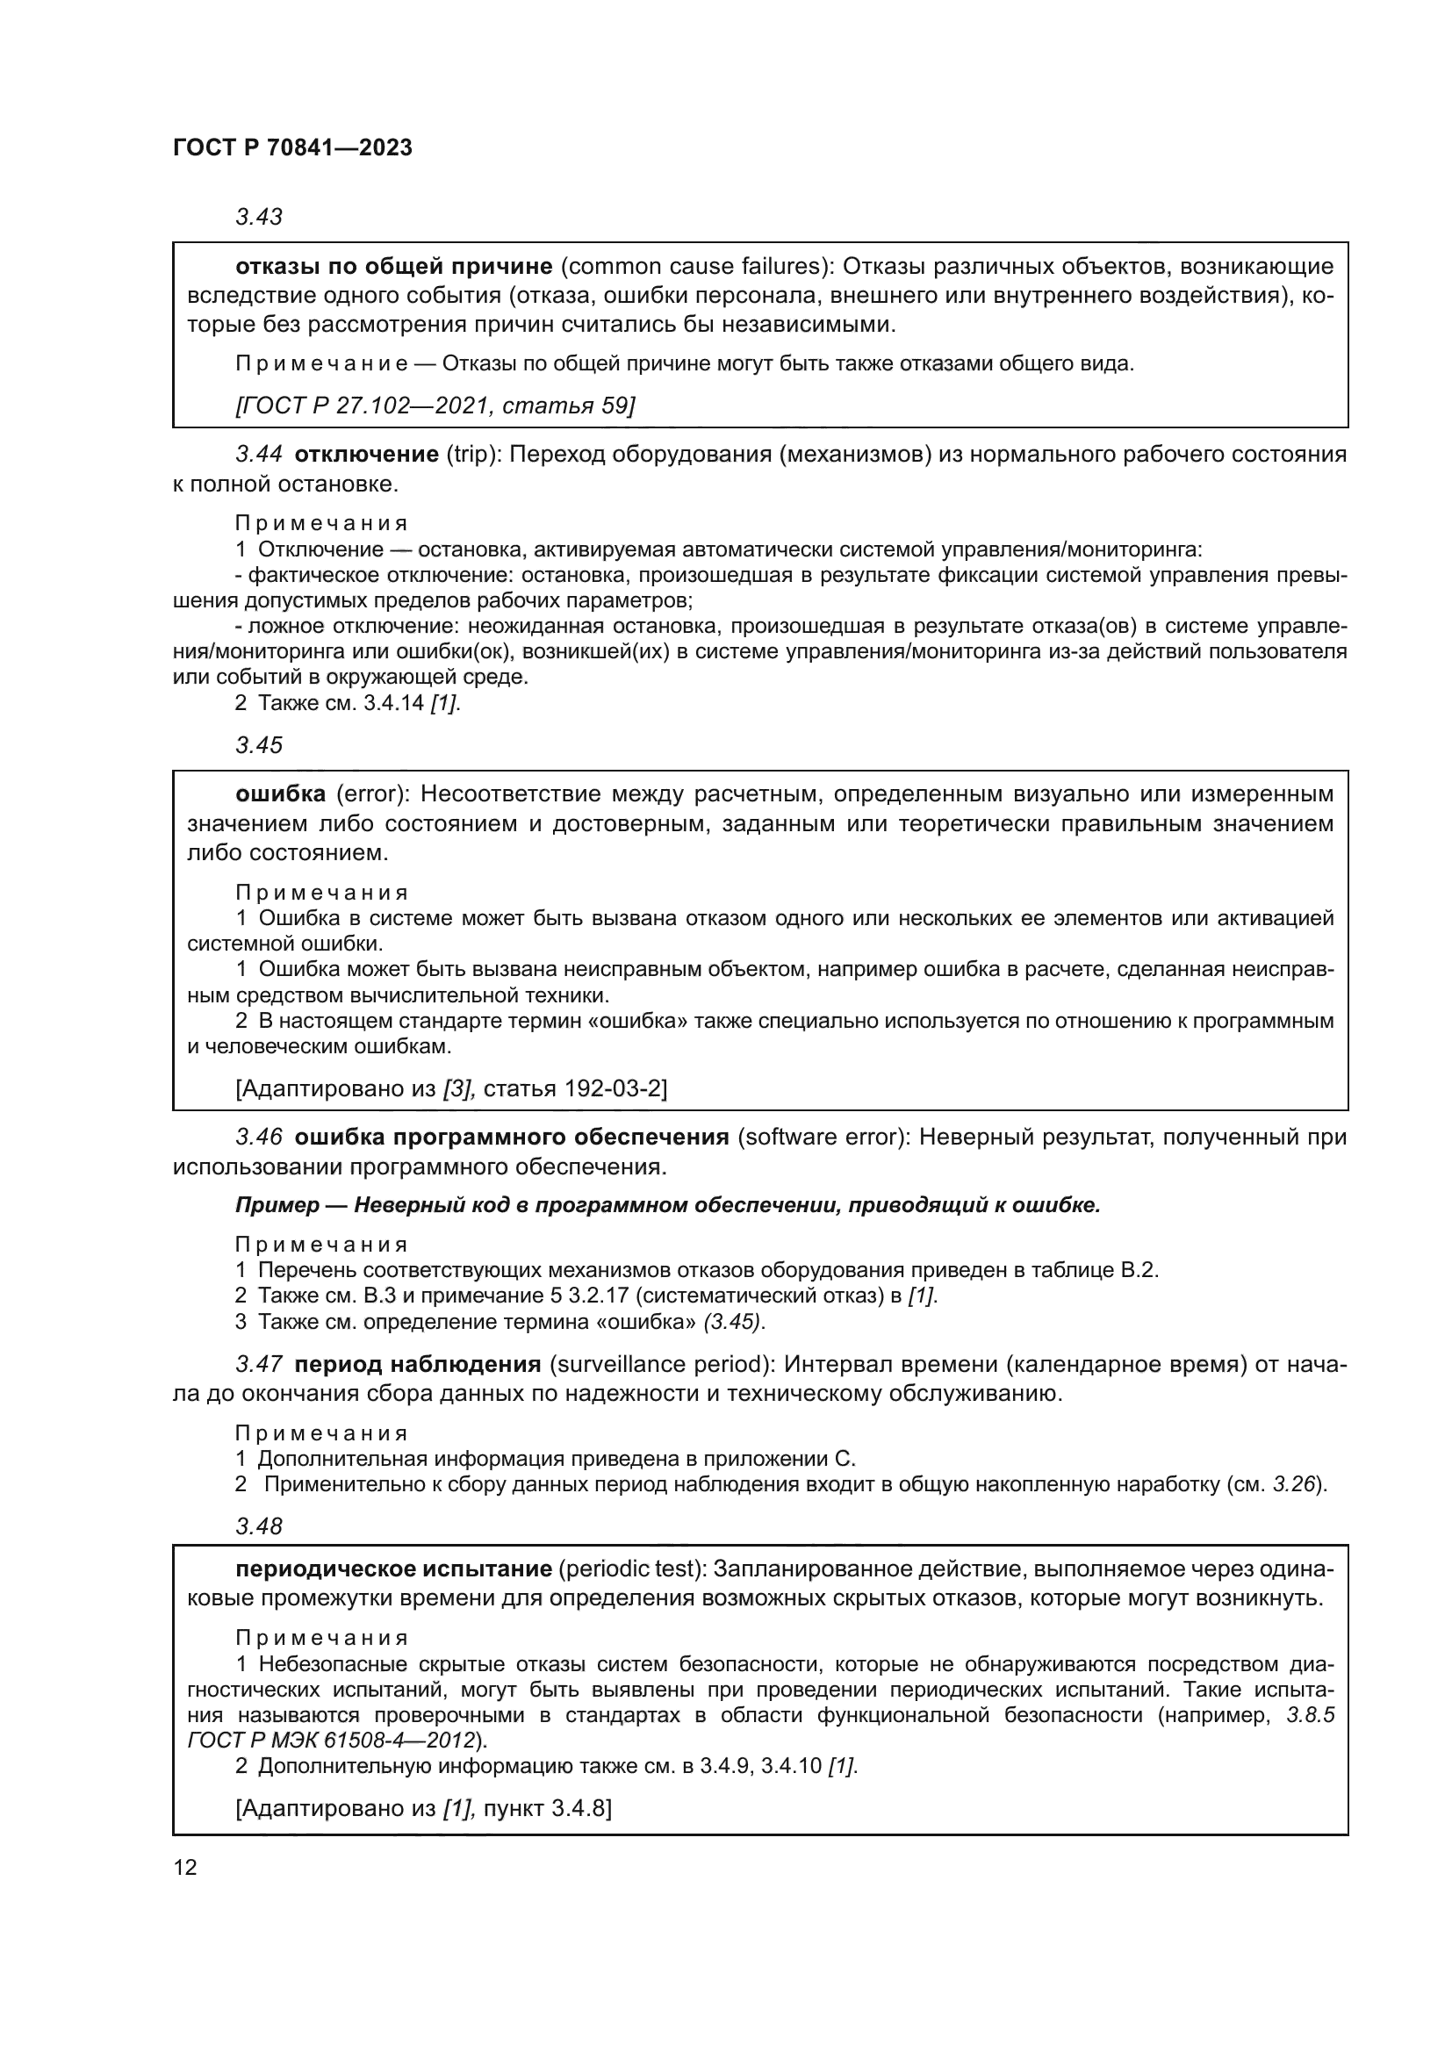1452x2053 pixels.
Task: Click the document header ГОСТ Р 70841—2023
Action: tap(292, 148)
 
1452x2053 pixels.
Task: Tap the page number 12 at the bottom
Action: tap(185, 1867)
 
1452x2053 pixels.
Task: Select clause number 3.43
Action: tap(258, 218)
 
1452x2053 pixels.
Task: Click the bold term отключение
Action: tap(366, 455)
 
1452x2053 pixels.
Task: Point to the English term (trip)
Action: tap(471, 455)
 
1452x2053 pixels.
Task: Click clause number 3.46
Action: tap(258, 1138)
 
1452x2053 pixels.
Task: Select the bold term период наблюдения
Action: tap(418, 1364)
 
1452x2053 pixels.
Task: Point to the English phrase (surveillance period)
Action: tap(660, 1364)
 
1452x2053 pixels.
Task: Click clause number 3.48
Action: tap(258, 1526)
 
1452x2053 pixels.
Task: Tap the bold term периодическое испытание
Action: tap(393, 1569)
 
